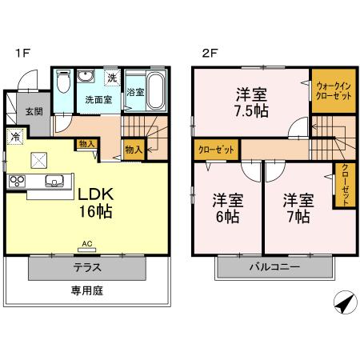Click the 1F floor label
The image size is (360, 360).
(x=22, y=54)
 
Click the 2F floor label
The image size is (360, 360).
(x=209, y=54)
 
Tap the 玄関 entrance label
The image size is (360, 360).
(x=33, y=111)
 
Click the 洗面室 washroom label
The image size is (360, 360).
(x=99, y=101)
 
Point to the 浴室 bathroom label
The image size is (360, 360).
(x=135, y=93)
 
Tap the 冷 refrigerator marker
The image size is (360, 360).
(x=15, y=137)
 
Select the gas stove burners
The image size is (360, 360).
(x=18, y=181)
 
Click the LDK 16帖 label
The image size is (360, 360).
(x=95, y=203)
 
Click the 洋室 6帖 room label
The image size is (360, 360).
(x=228, y=207)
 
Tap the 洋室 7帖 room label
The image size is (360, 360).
(x=296, y=207)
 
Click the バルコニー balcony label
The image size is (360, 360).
(x=273, y=267)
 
